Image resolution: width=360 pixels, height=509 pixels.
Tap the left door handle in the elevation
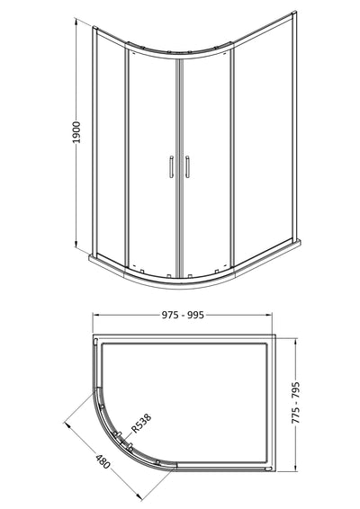click(x=169, y=167)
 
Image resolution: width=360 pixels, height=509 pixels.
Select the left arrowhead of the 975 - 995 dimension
click(x=96, y=316)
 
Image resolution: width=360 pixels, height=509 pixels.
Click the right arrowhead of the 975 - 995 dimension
click(x=271, y=316)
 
